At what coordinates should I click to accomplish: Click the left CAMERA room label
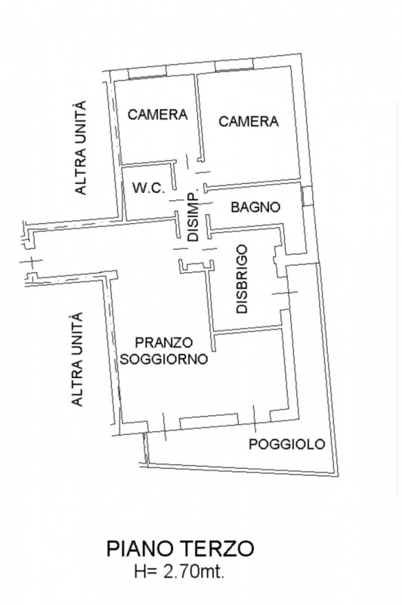pyautogui.click(x=157, y=115)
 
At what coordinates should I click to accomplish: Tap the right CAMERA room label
pyautogui.click(x=249, y=121)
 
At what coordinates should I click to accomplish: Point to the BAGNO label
pyautogui.click(x=256, y=206)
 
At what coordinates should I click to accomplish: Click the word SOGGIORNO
pyautogui.click(x=164, y=360)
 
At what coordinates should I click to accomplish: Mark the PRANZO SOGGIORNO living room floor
pyautogui.click(x=196, y=386)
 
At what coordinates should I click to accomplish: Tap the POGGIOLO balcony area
pyautogui.click(x=242, y=461)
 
